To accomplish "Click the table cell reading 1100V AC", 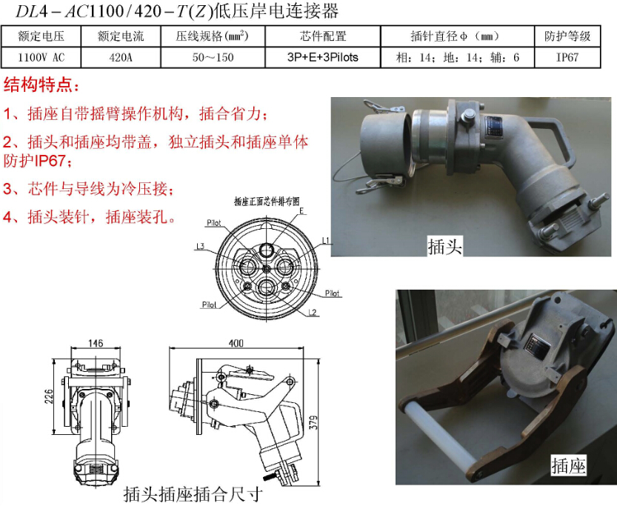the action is tap(41, 58).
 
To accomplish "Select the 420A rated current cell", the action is tap(121, 58).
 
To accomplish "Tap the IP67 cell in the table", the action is tap(567, 58).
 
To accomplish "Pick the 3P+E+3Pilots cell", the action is tap(323, 58).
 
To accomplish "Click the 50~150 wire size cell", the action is tap(213, 58).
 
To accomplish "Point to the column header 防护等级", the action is tap(567, 36).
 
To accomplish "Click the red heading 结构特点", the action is tap(41, 84).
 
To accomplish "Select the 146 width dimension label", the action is tap(96, 343).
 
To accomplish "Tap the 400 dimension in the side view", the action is tap(236, 343).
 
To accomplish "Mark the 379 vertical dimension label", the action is tap(313, 422).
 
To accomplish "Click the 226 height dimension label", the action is tap(48, 396).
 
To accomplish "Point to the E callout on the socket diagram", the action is tap(301, 211).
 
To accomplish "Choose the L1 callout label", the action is tap(326, 240).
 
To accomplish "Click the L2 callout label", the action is tap(312, 313).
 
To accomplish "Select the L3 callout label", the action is tap(200, 247).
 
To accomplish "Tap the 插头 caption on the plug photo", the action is tap(444, 247).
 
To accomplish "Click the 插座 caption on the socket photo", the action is tap(568, 466).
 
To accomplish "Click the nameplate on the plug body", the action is tap(494, 128).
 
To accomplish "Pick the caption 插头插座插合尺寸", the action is tap(193, 494).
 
